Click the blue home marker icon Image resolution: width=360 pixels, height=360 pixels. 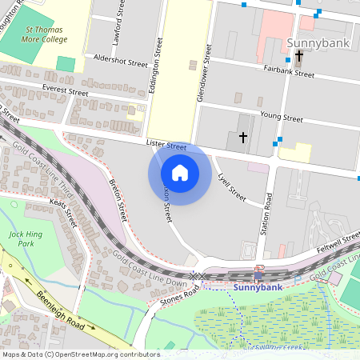pos(180,172)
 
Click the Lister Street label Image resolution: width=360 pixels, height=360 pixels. pos(166,145)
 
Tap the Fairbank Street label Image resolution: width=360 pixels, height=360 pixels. pos(289,72)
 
